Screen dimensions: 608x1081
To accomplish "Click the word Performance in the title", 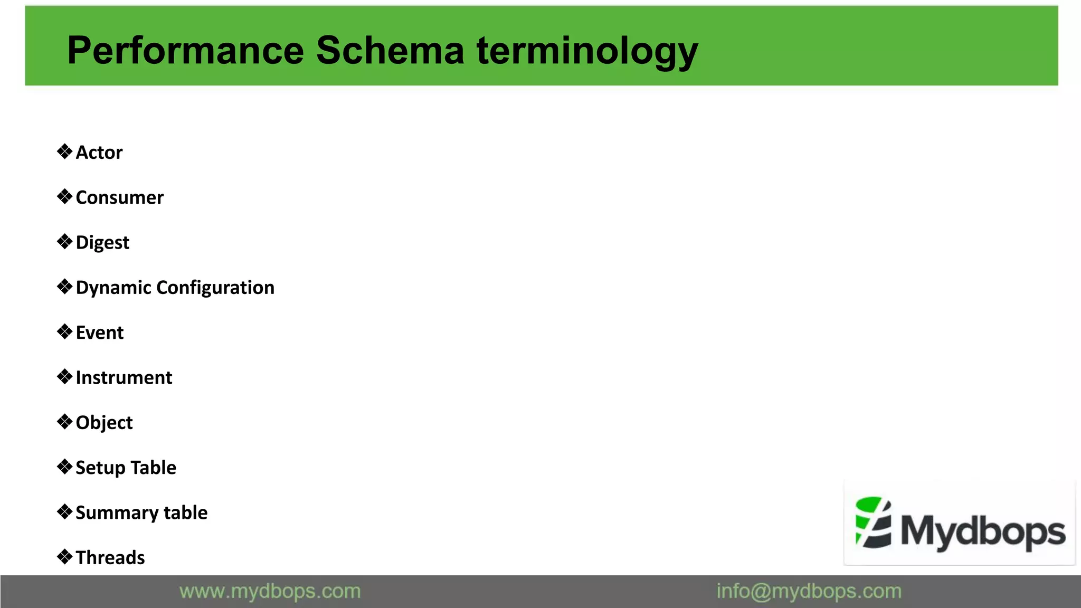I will tap(185, 51).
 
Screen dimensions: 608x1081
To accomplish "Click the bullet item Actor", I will tap(99, 153).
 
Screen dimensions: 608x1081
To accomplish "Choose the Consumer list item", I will tap(119, 197).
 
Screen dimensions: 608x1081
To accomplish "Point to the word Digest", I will tap(102, 243).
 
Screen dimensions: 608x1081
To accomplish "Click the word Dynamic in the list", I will tap(113, 288).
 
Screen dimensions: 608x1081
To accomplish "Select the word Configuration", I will tap(215, 288).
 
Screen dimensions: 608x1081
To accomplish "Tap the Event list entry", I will tap(99, 332).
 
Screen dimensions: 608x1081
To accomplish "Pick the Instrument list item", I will tap(124, 378).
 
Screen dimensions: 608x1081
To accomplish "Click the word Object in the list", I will tap(104, 423).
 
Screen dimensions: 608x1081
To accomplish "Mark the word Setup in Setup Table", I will tap(100, 468).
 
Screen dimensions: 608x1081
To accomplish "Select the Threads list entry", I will tap(110, 558).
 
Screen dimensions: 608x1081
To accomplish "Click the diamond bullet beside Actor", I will tap(64, 152).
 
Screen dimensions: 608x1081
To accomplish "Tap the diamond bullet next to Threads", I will tap(64, 557).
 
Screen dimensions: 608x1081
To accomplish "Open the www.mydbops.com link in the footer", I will tap(270, 592).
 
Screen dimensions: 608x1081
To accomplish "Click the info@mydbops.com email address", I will tap(809, 592).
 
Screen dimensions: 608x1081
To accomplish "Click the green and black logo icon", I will tap(873, 522).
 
